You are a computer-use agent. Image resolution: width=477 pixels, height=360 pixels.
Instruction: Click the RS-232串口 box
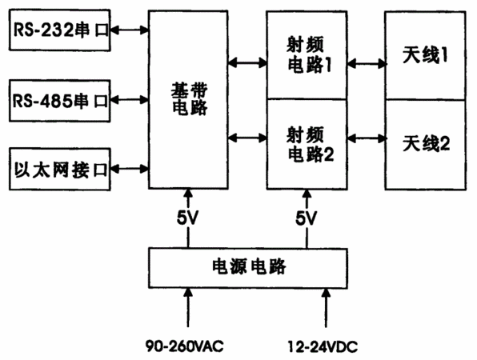59,30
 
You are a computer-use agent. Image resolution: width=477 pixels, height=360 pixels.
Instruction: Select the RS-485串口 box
59,101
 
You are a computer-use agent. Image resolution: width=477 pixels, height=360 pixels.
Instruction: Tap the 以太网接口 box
59,169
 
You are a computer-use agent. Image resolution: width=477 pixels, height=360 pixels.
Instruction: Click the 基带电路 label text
189,99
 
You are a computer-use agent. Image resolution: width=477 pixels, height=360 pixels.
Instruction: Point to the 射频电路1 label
308,55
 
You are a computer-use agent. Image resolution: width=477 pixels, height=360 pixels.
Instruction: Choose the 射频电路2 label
310,145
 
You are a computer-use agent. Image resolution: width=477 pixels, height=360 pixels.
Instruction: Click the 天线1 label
425,55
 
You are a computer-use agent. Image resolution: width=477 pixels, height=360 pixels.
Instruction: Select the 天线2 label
426,143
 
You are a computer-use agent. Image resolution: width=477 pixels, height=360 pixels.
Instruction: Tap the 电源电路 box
248,268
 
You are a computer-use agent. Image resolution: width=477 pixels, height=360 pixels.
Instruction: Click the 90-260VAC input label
184,346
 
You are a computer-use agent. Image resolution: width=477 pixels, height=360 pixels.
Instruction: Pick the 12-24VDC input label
323,346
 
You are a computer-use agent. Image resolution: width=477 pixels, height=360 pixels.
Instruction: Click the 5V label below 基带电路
188,218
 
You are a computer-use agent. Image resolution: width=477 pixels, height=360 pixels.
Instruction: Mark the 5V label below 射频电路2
307,218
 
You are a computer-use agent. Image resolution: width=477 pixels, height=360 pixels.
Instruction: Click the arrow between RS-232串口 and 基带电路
130,30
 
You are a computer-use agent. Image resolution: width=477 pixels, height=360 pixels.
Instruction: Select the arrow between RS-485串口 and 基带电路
130,100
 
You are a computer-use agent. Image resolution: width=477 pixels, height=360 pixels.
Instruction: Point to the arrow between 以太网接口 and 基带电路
130,169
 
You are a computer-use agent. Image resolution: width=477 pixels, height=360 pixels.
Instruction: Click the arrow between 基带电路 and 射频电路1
247,63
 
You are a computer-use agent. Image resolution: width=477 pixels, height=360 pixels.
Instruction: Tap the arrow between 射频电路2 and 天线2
367,138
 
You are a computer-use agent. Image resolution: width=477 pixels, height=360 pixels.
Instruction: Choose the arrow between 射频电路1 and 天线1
367,63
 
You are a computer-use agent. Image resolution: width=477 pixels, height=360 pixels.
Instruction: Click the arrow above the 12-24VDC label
326,308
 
